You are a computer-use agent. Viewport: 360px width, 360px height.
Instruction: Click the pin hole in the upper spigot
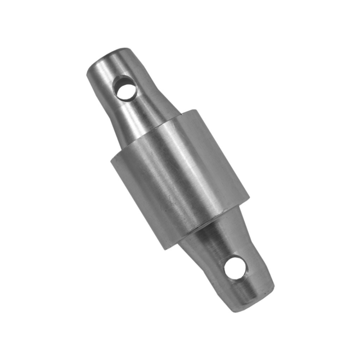[x=125, y=88]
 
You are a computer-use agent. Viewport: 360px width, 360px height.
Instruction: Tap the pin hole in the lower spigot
[x=235, y=267]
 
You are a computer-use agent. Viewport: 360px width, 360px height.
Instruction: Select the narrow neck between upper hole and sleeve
[x=141, y=110]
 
